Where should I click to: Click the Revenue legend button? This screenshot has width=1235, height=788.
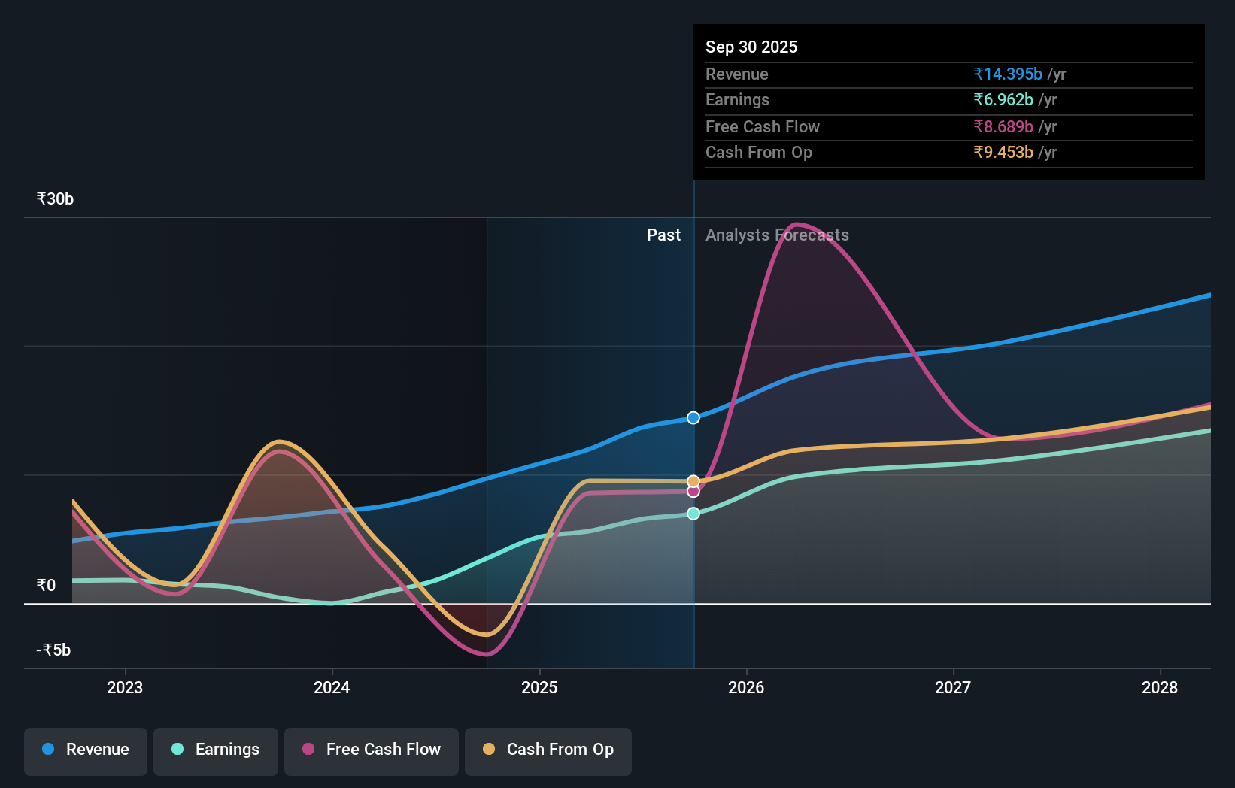(x=86, y=750)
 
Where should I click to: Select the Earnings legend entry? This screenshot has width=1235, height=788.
(x=216, y=750)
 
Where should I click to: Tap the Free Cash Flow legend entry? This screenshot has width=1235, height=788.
(x=372, y=750)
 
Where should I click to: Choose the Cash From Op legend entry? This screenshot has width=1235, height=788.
(x=548, y=750)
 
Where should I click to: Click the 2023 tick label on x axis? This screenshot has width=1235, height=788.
(x=125, y=687)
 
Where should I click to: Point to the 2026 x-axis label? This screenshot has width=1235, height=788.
(x=746, y=687)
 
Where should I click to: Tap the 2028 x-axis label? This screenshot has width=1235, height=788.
(x=1160, y=687)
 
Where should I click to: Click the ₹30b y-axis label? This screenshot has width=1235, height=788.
(x=55, y=199)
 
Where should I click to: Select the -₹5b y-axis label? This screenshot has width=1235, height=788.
(x=53, y=650)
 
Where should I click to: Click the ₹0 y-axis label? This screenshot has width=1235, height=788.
(x=46, y=586)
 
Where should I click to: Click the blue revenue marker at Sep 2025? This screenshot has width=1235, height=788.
(x=693, y=418)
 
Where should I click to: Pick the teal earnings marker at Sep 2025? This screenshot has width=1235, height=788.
(x=693, y=514)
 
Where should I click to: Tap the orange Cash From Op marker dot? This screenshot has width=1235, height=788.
(x=693, y=481)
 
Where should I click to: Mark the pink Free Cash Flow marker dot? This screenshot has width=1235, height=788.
(x=693, y=492)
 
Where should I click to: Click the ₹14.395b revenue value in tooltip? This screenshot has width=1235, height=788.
(x=1008, y=74)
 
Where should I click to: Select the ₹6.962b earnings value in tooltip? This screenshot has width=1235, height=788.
(x=1003, y=100)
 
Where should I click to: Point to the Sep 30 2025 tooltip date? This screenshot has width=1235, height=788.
(x=751, y=47)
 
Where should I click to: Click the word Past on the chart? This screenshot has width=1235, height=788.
(x=663, y=235)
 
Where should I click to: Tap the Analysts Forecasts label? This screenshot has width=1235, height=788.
(x=777, y=235)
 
